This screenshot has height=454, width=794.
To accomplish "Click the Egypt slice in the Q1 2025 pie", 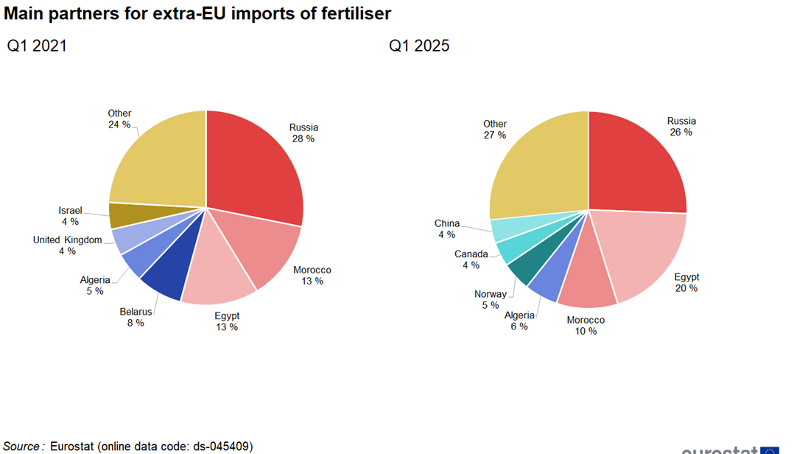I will pyautogui.click(x=644, y=251).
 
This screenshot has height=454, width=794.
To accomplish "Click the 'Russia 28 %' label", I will pyautogui.click(x=303, y=133).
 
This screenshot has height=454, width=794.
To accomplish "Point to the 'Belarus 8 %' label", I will pyautogui.click(x=136, y=317).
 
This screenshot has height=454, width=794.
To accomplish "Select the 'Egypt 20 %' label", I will pyautogui.click(x=686, y=282).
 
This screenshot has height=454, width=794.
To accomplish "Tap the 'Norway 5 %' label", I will pyautogui.click(x=491, y=299).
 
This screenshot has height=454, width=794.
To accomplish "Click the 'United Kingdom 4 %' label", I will pyautogui.click(x=67, y=245).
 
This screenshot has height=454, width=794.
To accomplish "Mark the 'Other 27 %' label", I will pyautogui.click(x=495, y=129).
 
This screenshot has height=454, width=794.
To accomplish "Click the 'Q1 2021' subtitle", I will pyautogui.click(x=37, y=46).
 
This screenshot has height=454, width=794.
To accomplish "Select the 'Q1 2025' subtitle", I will pyautogui.click(x=419, y=46).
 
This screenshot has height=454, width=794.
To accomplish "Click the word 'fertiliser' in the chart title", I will pyautogui.click(x=349, y=13).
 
